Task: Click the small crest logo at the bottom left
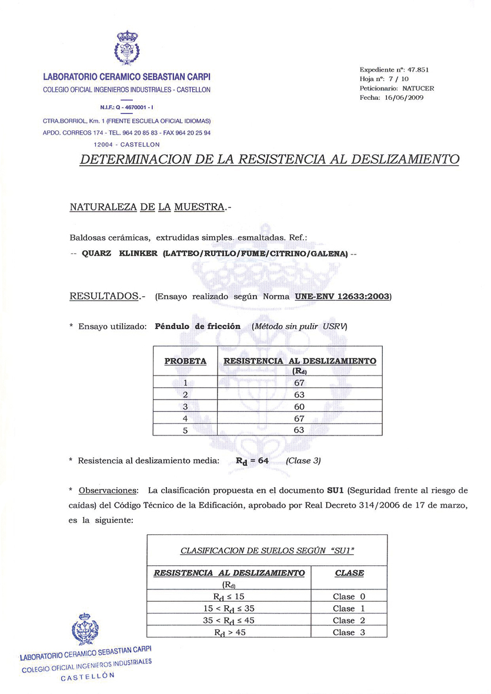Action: (85, 629)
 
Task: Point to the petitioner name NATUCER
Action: (418, 88)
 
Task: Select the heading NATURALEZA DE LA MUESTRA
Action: (147, 207)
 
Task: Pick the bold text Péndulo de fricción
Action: (198, 326)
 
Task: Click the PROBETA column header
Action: (185, 361)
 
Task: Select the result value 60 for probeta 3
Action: (299, 407)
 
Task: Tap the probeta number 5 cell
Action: (185, 430)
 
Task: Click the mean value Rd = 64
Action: (252, 461)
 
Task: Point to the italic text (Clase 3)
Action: (303, 461)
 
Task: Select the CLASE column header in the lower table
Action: (349, 573)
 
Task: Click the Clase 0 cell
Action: (349, 596)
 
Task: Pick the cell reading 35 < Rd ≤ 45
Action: (229, 621)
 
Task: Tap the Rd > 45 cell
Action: (229, 632)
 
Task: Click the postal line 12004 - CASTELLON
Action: (127, 144)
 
